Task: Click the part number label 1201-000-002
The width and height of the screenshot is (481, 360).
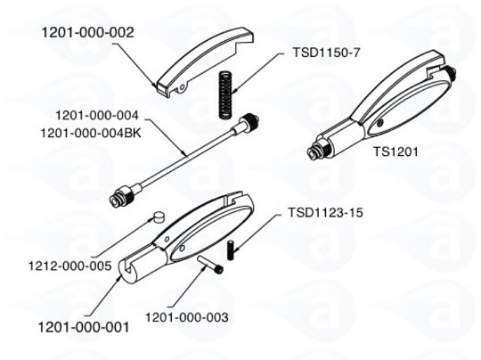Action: pyautogui.click(x=87, y=33)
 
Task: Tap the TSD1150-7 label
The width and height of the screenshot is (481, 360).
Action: pyautogui.click(x=326, y=53)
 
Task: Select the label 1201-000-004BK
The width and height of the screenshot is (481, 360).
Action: pyautogui.click(x=91, y=133)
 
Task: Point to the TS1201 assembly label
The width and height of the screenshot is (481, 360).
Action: pyautogui.click(x=395, y=151)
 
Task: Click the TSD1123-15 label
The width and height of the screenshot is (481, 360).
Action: pyautogui.click(x=325, y=212)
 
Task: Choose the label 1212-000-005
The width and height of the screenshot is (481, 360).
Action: pyautogui.click(x=70, y=266)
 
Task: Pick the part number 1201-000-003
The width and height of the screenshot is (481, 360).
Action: pyautogui.click(x=186, y=317)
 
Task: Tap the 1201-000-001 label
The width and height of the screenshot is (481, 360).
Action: pyautogui.click(x=84, y=327)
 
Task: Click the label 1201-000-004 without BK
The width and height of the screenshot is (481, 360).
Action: pyautogui.click(x=97, y=116)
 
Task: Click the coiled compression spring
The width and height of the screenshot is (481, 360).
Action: pyautogui.click(x=225, y=94)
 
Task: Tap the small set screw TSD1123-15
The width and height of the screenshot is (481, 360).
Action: pyautogui.click(x=231, y=250)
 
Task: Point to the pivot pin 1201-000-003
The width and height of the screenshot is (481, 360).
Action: pyautogui.click(x=210, y=265)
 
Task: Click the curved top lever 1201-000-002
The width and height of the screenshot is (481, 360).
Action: pyautogui.click(x=202, y=61)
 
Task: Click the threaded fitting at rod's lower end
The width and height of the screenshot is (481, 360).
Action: pyautogui.click(x=122, y=196)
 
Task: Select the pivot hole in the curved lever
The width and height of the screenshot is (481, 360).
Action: pyautogui.click(x=183, y=88)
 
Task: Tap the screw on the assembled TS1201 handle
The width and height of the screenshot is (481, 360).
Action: pyautogui.click(x=380, y=123)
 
